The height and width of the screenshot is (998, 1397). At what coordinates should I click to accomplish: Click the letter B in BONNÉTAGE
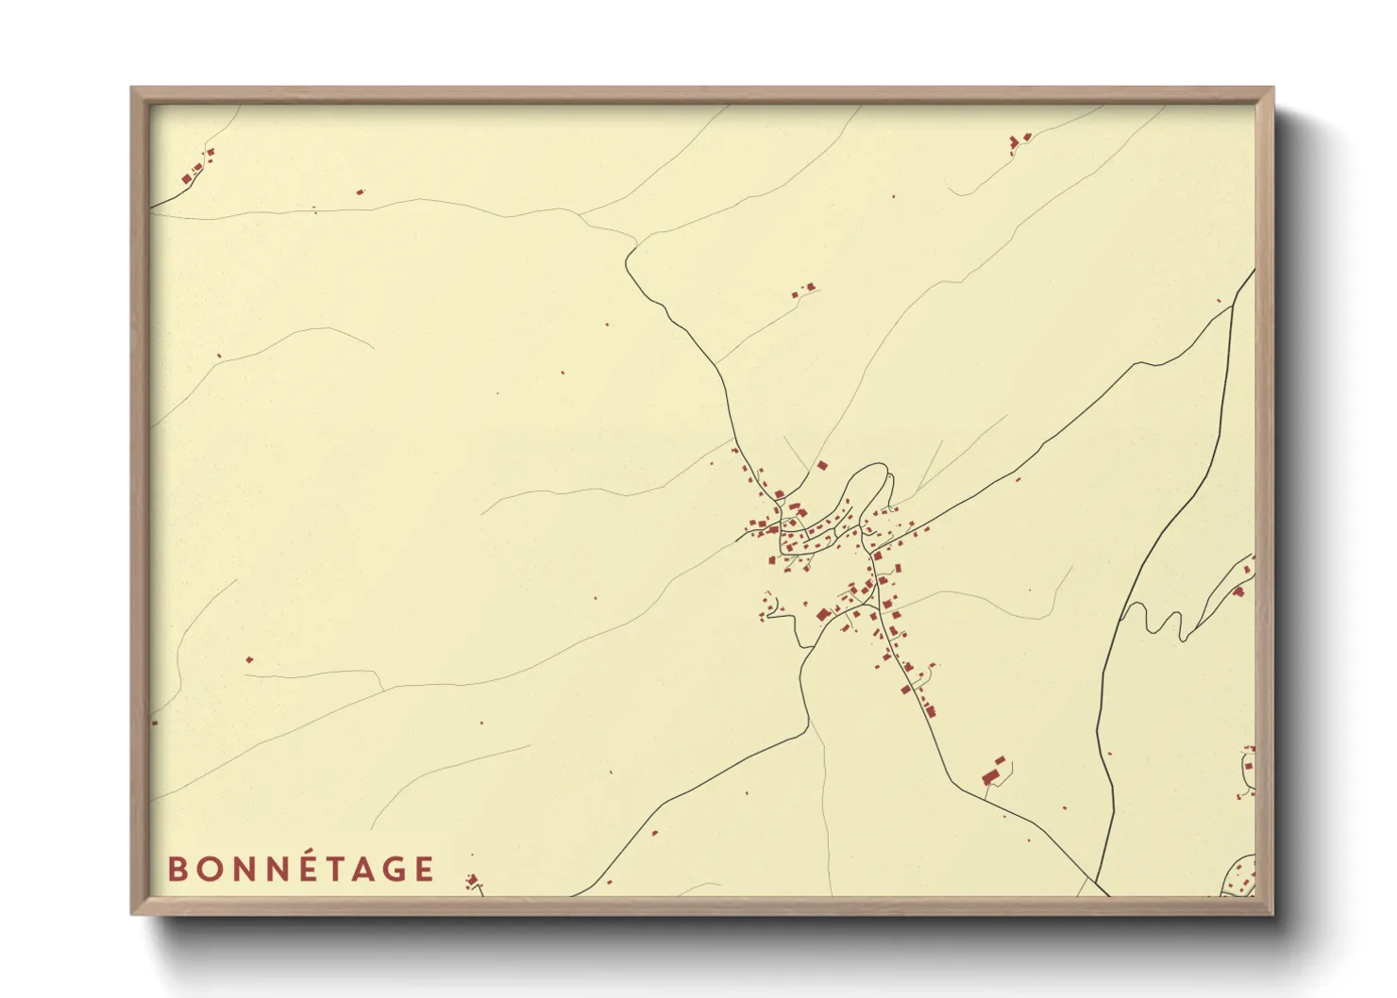click(176, 869)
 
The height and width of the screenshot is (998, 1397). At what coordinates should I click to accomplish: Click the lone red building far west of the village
click(249, 659)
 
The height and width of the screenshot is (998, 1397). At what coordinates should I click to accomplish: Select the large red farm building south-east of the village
click(990, 776)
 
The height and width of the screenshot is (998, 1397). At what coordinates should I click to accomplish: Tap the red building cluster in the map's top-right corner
click(1018, 141)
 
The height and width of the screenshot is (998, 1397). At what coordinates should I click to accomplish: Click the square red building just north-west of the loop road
click(821, 465)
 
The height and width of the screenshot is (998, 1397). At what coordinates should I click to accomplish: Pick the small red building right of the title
click(472, 881)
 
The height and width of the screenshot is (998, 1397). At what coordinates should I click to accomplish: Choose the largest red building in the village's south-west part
click(822, 615)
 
